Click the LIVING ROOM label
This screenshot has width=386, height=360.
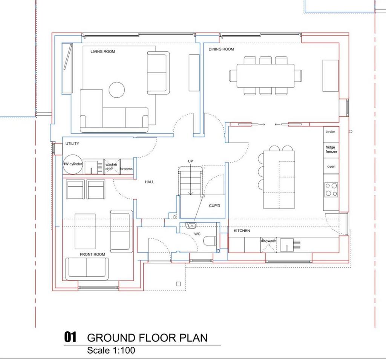[x=103, y=52]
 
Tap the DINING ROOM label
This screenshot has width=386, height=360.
[x=221, y=49]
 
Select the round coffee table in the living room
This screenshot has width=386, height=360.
[x=117, y=90]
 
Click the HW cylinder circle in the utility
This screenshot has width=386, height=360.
[x=73, y=164]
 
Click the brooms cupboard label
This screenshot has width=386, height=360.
[x=126, y=169]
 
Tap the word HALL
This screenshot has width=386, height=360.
[x=149, y=182]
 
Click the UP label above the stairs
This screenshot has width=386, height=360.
[x=190, y=161]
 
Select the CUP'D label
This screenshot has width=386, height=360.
[x=214, y=205]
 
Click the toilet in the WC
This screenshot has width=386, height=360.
[x=210, y=241]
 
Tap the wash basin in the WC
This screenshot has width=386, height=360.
[x=191, y=225]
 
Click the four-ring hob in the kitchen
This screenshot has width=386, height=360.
[x=331, y=190]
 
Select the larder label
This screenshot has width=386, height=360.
[x=330, y=132]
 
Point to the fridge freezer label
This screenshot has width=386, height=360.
[x=331, y=150]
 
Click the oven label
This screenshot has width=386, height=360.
[x=331, y=167]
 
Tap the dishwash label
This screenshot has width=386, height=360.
[x=268, y=241]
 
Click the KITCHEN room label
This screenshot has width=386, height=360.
[x=242, y=231]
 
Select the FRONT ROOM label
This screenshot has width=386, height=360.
[x=92, y=254]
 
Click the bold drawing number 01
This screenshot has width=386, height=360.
[x=70, y=337]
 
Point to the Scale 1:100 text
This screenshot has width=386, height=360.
[x=111, y=351]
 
